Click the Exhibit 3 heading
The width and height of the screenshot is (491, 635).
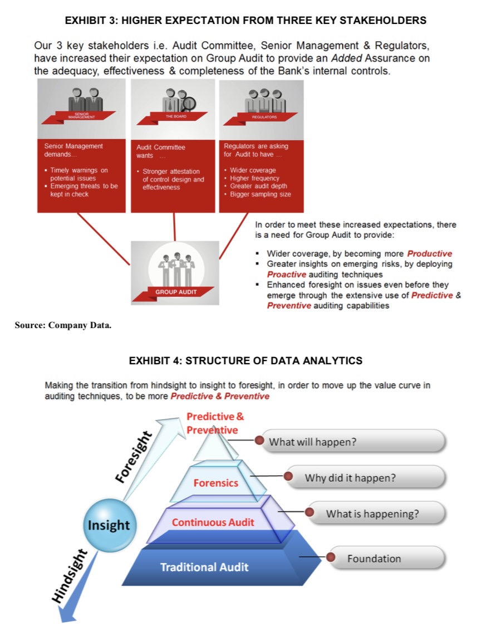tap(245, 21)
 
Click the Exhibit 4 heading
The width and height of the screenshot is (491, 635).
tap(245, 360)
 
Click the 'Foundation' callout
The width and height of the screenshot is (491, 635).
tap(387, 558)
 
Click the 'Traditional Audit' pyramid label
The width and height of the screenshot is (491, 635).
tap(204, 567)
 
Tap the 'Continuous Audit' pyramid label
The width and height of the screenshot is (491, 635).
tap(213, 522)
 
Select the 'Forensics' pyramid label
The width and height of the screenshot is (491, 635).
tap(215, 483)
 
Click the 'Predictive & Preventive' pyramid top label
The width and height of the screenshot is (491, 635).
tap(214, 423)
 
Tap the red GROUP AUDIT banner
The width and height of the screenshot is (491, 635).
tap(175, 291)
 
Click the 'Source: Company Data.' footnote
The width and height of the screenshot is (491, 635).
tap(63, 325)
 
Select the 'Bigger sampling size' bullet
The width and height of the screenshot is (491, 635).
tap(260, 194)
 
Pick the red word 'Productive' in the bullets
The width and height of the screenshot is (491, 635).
tap(429, 253)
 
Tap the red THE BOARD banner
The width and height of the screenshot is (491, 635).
tap(175, 116)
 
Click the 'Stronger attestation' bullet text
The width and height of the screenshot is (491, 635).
tap(171, 172)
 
